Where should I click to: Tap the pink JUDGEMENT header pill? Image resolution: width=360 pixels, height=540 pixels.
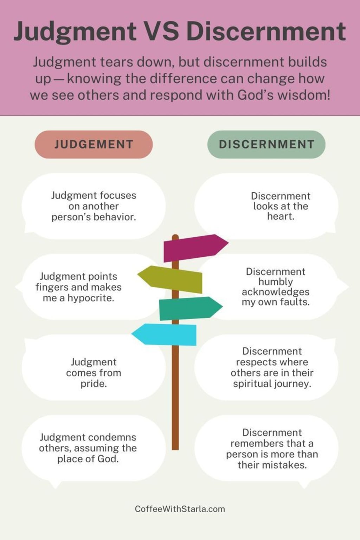[x=94, y=144]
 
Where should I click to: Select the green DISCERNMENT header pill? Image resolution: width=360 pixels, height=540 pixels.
[x=266, y=144]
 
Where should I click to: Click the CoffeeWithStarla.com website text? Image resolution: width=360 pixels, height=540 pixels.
[x=180, y=509]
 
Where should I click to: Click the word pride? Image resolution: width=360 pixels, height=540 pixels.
[x=94, y=384]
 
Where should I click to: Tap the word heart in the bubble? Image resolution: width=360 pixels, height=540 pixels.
[x=280, y=216]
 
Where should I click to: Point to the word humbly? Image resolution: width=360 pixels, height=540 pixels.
[x=275, y=282]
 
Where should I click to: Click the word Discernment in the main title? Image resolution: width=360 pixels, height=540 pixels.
[x=266, y=31]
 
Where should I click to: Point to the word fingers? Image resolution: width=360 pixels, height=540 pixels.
[x=52, y=287]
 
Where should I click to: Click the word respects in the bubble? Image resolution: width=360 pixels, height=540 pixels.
[x=272, y=362]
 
